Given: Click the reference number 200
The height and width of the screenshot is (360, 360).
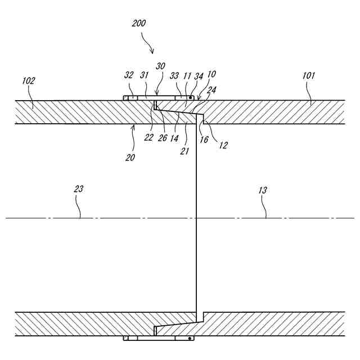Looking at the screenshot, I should tap(138, 24).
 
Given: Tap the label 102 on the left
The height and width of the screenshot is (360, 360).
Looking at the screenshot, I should tap(28, 80).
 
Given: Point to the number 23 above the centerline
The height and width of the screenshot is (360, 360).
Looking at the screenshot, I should tap(79, 189).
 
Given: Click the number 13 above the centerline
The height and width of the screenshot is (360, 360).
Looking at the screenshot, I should tap(263, 190).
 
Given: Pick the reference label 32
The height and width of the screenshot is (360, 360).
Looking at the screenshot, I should tap(129, 75).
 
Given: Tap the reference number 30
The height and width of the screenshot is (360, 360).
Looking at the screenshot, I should tap(160, 65).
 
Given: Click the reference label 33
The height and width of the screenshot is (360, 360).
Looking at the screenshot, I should tap(175, 75).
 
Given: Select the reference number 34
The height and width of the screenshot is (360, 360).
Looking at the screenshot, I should tap(199, 75).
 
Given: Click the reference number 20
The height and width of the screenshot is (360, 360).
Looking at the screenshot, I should tap(130, 158).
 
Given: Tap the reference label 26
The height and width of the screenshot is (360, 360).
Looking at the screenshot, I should tap(162, 138).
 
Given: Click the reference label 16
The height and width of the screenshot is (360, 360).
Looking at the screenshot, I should tap(204, 139).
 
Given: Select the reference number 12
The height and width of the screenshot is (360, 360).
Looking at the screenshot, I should tap(223, 145).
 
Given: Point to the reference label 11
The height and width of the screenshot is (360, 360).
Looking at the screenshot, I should tap(187, 75).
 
